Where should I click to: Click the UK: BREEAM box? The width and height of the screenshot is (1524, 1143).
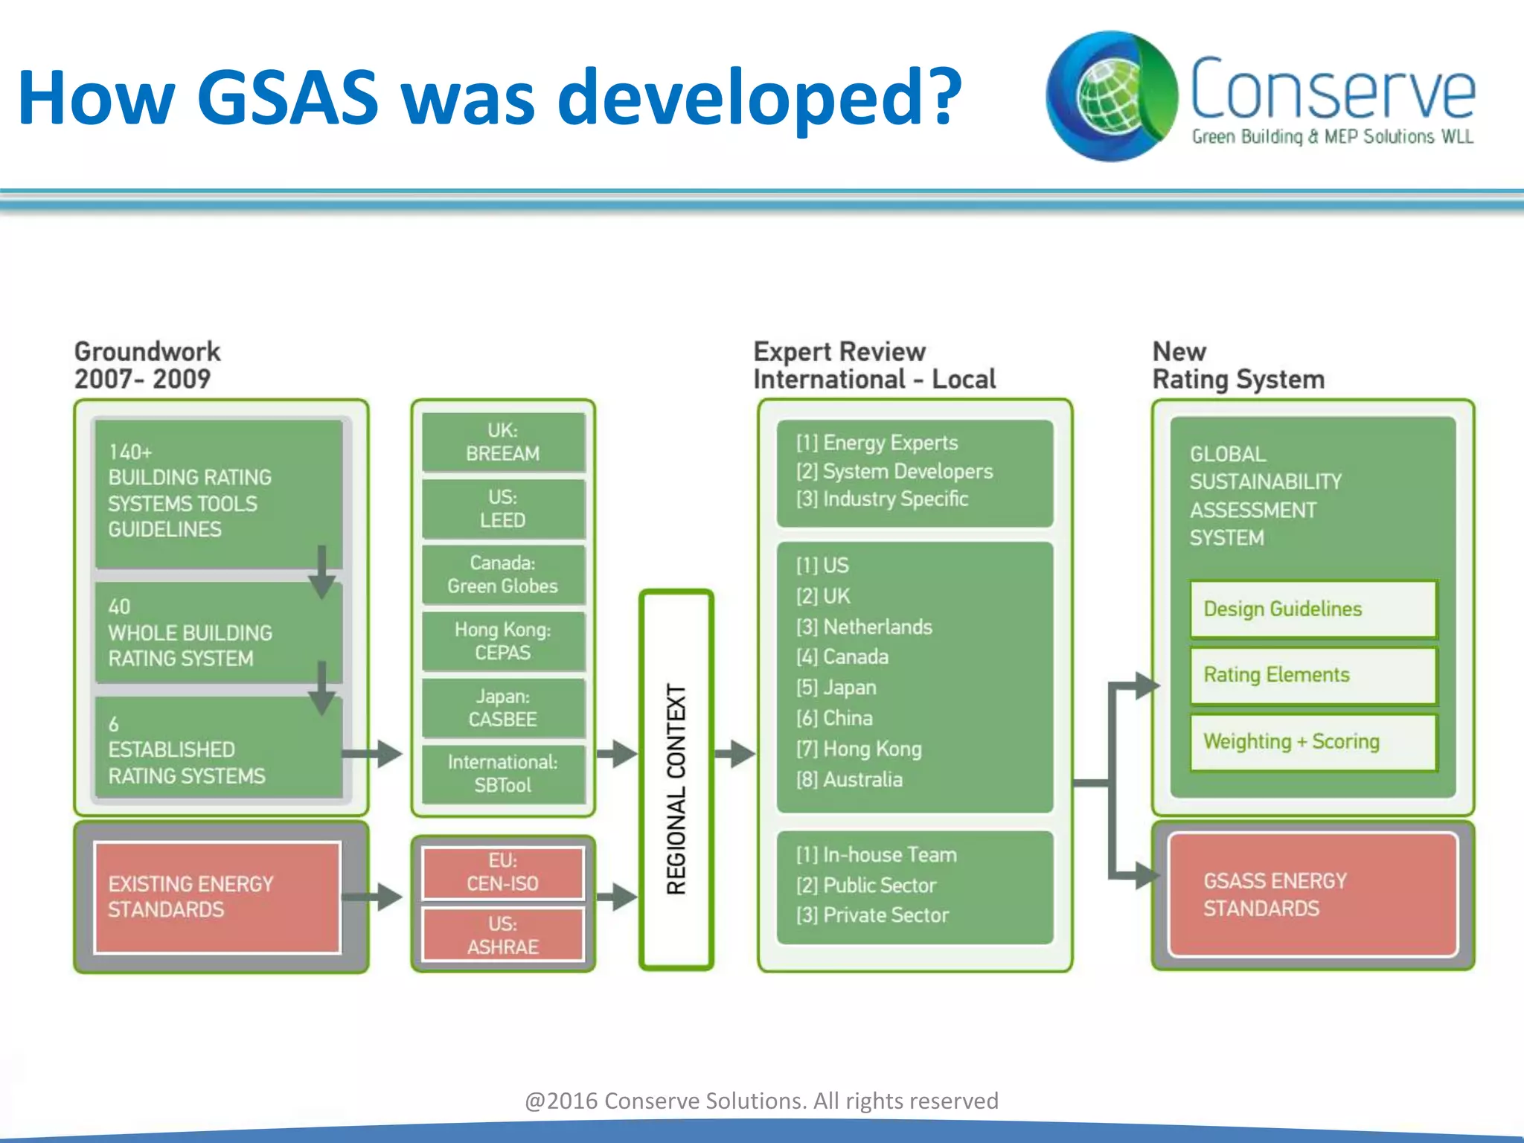pyautogui.click(x=503, y=442)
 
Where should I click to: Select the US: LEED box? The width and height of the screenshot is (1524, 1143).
pyautogui.click(x=503, y=509)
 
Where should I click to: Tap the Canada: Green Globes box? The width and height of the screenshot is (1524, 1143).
pyautogui.click(x=503, y=574)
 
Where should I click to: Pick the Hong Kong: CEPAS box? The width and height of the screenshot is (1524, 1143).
pyautogui.click(x=503, y=641)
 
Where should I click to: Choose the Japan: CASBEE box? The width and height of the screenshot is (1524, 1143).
pyautogui.click(x=503, y=708)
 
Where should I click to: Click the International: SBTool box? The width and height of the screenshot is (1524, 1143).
pyautogui.click(x=503, y=774)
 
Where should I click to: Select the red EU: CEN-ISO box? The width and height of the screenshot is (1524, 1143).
pyautogui.click(x=503, y=872)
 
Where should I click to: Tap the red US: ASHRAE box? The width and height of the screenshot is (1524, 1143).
pyautogui.click(x=503, y=935)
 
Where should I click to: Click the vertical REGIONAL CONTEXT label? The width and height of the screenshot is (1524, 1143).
pyautogui.click(x=676, y=789)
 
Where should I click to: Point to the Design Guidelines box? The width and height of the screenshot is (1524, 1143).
pyautogui.click(x=1313, y=609)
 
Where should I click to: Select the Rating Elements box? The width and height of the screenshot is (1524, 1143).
pyautogui.click(x=1313, y=675)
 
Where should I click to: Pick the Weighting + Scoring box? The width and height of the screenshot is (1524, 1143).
pyautogui.click(x=1313, y=742)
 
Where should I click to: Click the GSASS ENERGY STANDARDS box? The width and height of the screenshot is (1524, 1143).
pyautogui.click(x=1313, y=894)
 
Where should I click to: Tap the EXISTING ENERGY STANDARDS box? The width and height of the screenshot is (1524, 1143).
pyautogui.click(x=217, y=897)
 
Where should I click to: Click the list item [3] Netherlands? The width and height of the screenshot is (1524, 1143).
pyautogui.click(x=864, y=627)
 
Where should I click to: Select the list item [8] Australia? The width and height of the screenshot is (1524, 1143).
pyautogui.click(x=849, y=780)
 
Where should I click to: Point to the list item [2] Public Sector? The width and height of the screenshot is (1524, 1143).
pyautogui.click(x=866, y=886)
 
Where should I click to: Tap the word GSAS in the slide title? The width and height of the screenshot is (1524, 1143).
pyautogui.click(x=287, y=97)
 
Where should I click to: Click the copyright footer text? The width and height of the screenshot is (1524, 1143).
pyautogui.click(x=761, y=1101)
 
